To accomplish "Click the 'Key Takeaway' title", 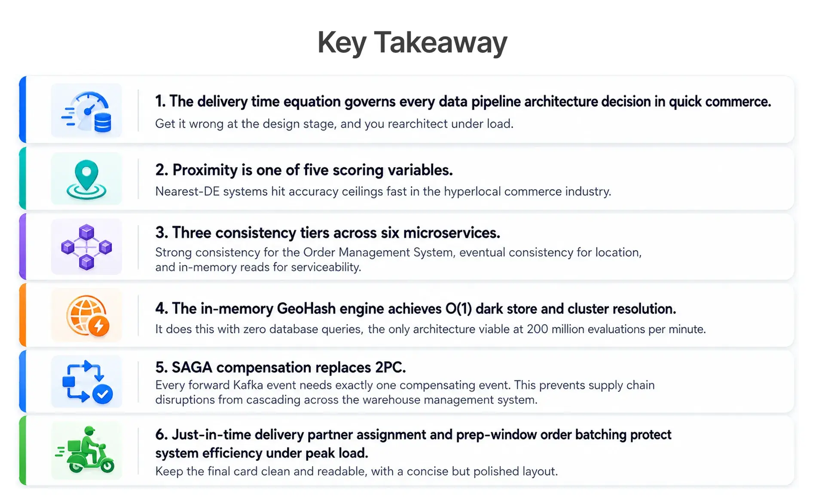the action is (412, 43).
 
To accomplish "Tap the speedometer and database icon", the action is (87, 111).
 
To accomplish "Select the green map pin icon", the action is (86, 179).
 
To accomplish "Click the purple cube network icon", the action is (86, 247).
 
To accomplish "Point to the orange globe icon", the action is (87, 315).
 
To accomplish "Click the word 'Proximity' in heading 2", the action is (205, 170).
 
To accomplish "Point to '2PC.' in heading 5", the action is (391, 367).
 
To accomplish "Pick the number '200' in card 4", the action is (538, 329).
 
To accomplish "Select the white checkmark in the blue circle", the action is (103, 394).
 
